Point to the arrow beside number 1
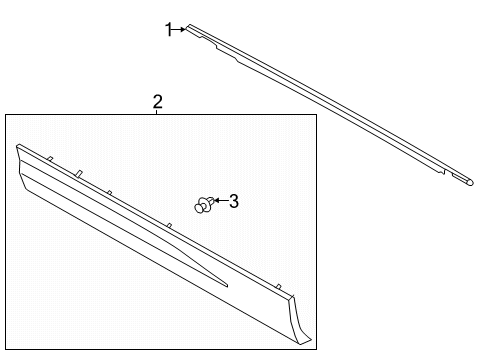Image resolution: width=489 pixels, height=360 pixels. tap(181, 30)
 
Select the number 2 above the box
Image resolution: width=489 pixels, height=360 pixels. tap(157, 102)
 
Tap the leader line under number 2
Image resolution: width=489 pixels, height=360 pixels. tap(157, 112)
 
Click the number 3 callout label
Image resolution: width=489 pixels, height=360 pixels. tap(234, 202)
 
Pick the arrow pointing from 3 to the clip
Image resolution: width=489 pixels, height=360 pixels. tap(219, 203)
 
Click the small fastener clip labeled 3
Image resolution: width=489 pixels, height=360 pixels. tap(204, 205)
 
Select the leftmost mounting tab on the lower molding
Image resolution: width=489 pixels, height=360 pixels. tap(47, 156)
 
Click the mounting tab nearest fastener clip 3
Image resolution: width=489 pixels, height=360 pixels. tap(170, 226)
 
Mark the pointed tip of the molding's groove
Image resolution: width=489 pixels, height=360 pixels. tap(228, 285)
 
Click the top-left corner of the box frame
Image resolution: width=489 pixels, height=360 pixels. tap(5, 115)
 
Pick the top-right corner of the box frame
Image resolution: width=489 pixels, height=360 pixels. tap(316, 115)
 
